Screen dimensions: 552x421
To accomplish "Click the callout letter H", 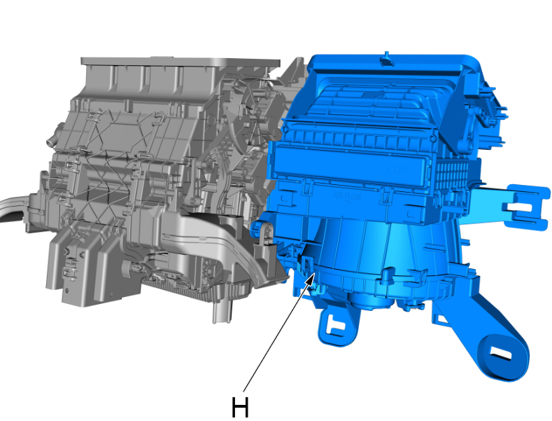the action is coord(240,407).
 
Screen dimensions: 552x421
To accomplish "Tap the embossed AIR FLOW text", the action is coord(348,198).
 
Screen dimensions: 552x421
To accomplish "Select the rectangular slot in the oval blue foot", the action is coord(501,352).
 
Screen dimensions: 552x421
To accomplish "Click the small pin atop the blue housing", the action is coord(387,58).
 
